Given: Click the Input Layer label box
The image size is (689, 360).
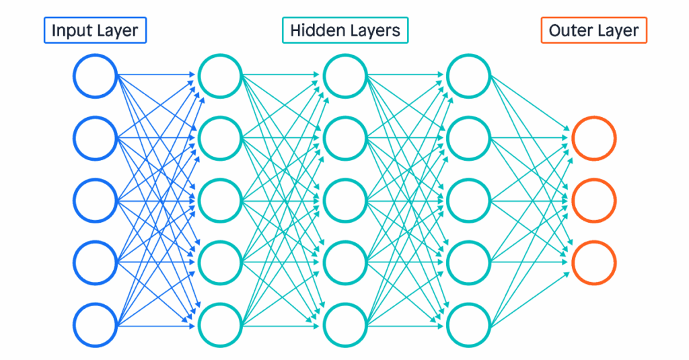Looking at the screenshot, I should pos(95,30).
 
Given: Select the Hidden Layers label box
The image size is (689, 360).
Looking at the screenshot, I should pos(344,30).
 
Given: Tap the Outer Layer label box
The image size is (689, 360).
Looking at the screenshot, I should pos(593,30).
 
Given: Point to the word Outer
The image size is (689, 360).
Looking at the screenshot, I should pos(569,30).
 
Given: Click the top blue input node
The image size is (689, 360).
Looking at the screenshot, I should pos(96,76).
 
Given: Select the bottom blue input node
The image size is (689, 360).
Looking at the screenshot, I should pos(96,324).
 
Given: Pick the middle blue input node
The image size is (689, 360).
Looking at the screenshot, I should pos(96,200).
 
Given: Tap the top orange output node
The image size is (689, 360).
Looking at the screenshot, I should pos(593,138).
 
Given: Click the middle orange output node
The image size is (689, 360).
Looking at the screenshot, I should pos(593,200).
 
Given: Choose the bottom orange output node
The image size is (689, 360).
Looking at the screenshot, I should pos(593,262).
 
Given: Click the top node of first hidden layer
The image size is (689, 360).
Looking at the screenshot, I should pos(220,76).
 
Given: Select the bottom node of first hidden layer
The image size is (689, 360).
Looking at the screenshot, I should pos(220,324).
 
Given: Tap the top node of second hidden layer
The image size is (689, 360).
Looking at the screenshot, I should pos(344,76).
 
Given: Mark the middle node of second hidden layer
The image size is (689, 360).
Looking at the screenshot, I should pos(344,200).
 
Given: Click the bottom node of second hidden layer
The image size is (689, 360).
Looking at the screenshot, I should pos(344,324).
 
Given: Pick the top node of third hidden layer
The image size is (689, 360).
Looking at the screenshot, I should pos(469,76).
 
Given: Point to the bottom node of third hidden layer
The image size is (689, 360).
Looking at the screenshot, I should pos(469,324).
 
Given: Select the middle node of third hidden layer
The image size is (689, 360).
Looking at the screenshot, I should pos(469,200).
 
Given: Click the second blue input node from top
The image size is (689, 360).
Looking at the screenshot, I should pos(96,138).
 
